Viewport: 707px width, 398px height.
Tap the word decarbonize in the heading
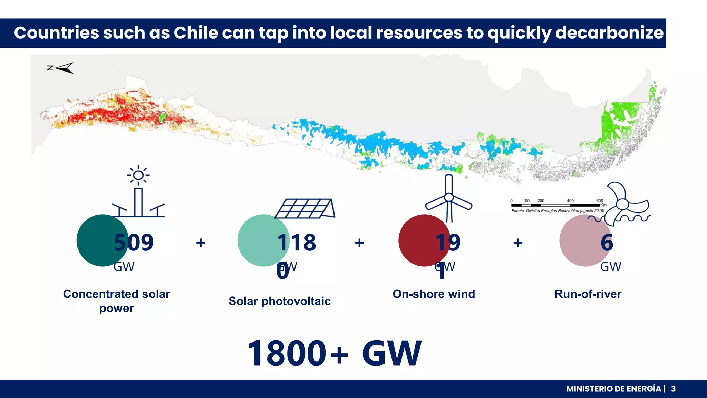point(609,33)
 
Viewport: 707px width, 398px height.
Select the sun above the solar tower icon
point(138,175)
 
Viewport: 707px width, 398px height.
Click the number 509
point(134,243)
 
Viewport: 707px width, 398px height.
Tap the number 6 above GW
point(607,243)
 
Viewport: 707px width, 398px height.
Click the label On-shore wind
point(434,294)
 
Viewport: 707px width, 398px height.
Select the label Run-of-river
point(588,294)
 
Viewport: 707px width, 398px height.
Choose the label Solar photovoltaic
point(279,301)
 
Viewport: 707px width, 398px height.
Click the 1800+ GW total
point(334,353)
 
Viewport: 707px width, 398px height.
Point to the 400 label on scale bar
point(570,201)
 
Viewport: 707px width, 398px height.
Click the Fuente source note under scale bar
point(558,211)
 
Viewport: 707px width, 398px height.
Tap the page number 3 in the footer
point(673,389)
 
